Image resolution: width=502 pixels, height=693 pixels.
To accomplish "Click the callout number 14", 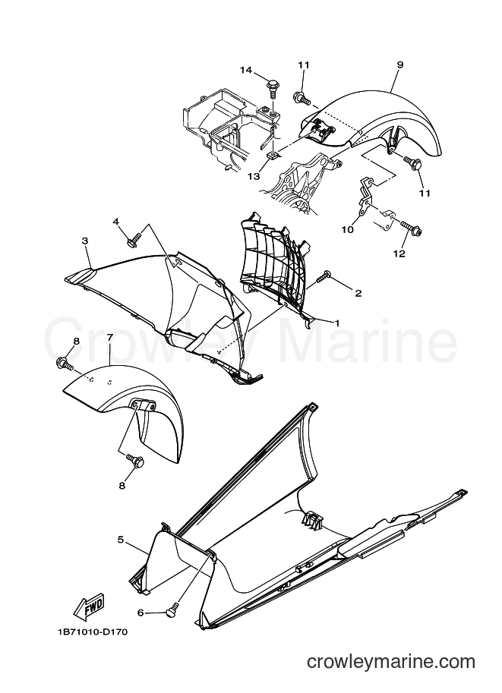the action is point(246,70).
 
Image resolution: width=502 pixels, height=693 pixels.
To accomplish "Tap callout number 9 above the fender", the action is point(399,65).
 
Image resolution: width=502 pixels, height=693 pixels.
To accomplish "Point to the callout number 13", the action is point(254,176).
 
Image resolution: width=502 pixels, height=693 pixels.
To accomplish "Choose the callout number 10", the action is point(348,229).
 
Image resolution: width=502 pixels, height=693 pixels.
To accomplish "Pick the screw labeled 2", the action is point(324,277).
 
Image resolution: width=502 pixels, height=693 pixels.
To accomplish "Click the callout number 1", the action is point(337,323).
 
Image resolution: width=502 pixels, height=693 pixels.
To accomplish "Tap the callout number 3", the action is point(85,241).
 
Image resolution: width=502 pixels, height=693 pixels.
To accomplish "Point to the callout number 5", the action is point(120,539).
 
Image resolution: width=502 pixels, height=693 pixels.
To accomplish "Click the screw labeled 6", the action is point(172,609).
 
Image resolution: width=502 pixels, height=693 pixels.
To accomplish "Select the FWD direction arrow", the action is point(89,606).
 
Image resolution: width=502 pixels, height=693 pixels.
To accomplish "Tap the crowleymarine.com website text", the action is point(391,661).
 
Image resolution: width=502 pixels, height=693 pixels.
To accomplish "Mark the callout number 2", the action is point(358,292).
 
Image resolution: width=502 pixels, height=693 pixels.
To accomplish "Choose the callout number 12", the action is point(399,254).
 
